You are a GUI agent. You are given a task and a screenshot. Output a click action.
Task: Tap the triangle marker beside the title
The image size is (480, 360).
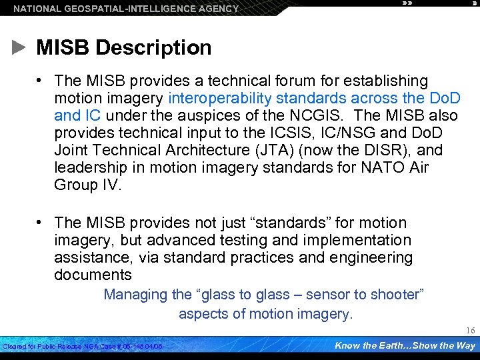click(21, 48)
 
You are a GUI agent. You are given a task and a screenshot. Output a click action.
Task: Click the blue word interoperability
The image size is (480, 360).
click(223, 99)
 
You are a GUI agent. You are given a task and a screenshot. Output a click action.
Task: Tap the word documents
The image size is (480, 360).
click(93, 275)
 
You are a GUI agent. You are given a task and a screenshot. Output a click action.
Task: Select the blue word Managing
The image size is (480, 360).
click(135, 295)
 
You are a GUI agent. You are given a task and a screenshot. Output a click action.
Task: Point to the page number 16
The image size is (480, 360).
click(470, 331)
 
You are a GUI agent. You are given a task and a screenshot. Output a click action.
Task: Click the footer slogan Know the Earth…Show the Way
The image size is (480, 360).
click(405, 345)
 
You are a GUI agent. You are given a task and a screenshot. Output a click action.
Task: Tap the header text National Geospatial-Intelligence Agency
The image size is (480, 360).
click(126, 9)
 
